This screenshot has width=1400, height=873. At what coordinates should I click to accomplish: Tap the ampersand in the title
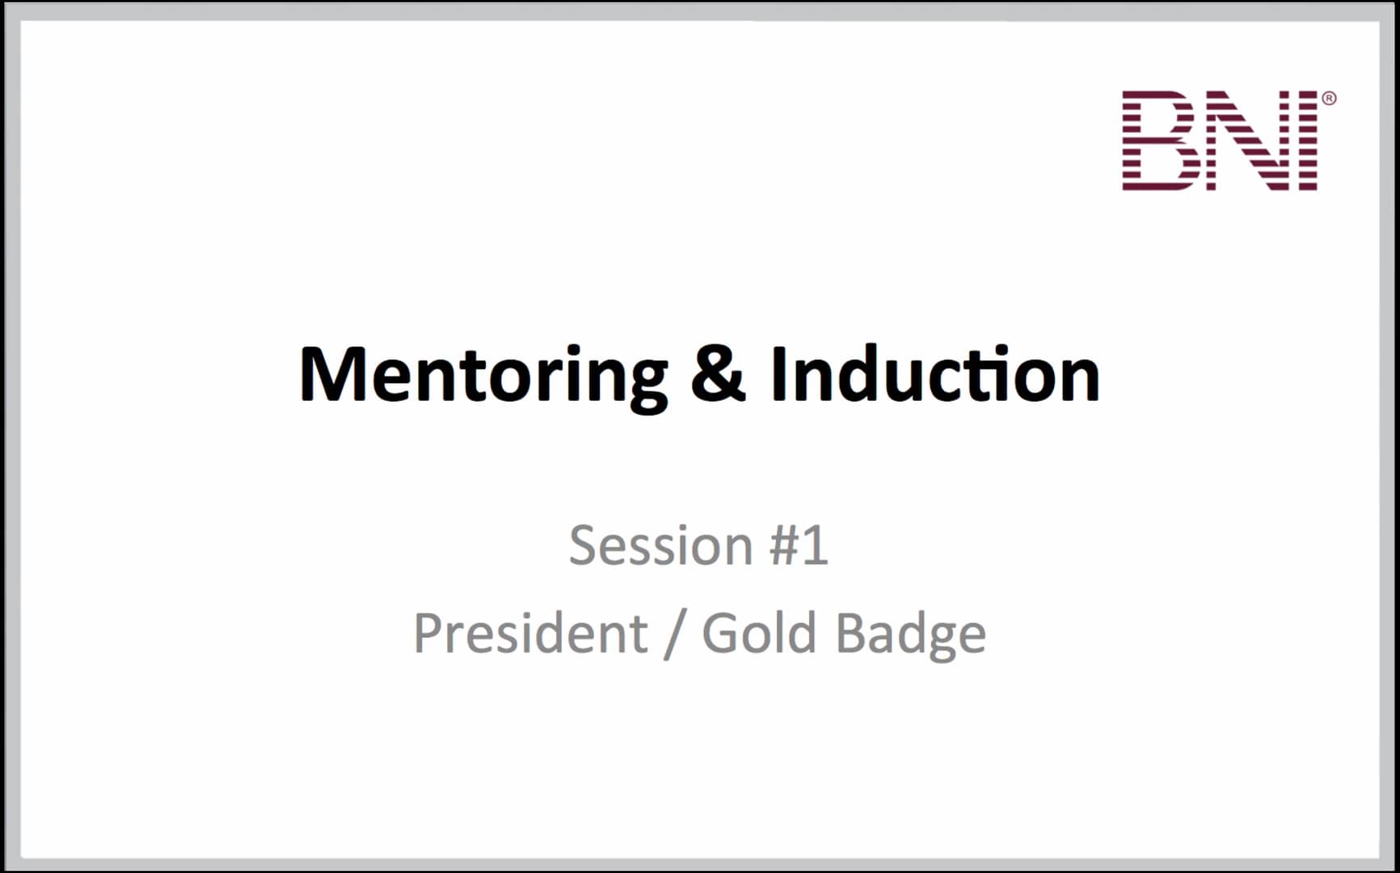click(x=718, y=373)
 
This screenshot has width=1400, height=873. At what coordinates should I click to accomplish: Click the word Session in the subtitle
click(x=660, y=546)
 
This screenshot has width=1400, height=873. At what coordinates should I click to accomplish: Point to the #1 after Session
click(x=799, y=546)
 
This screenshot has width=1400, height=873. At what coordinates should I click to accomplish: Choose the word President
click(x=529, y=633)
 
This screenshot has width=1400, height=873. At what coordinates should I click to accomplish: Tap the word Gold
click(x=758, y=633)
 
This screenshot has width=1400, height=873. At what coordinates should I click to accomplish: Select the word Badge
click(x=910, y=633)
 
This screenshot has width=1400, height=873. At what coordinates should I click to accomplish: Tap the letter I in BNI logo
click(x=1307, y=141)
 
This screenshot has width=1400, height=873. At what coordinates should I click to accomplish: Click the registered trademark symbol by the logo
click(x=1329, y=99)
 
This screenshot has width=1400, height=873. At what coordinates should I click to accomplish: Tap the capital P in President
click(x=428, y=633)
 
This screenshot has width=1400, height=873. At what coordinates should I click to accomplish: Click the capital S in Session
click(x=584, y=546)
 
